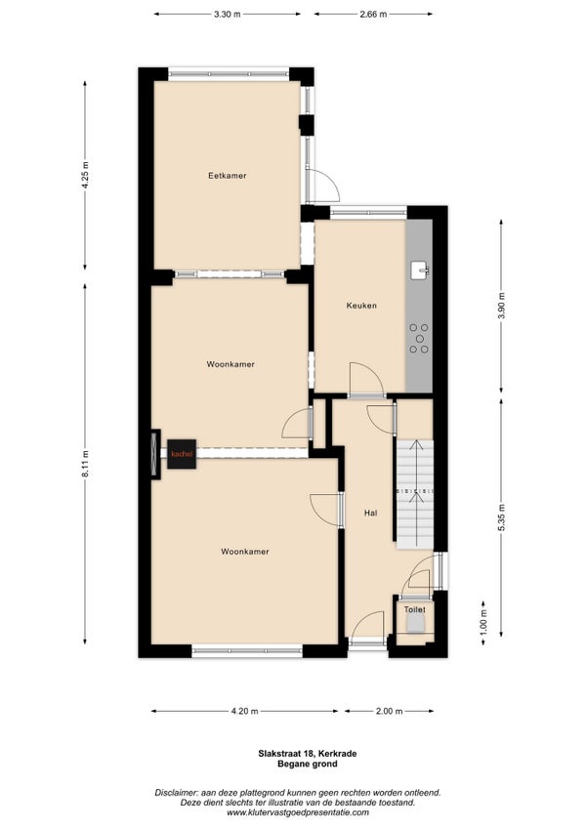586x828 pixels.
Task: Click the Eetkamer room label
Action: click(x=228, y=176)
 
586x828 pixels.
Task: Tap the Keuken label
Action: click(x=361, y=306)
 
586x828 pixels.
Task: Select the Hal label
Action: click(x=371, y=513)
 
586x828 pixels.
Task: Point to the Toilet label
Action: click(x=415, y=609)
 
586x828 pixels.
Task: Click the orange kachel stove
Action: click(x=182, y=454)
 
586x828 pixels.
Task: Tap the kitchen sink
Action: click(x=420, y=269)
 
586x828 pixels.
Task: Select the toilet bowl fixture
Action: click(x=415, y=624)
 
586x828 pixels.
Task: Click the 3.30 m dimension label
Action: click(x=228, y=15)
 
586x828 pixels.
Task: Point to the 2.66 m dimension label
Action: click(x=374, y=15)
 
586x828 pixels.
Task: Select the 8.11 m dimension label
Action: click(x=85, y=464)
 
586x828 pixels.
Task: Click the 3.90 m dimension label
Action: click(x=501, y=306)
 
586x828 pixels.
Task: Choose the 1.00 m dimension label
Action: click(x=483, y=622)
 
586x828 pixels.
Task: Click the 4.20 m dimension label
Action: click(x=244, y=711)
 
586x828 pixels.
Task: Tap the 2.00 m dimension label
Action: click(x=390, y=711)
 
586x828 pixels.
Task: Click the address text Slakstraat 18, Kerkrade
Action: click(x=307, y=754)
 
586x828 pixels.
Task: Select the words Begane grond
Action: click(x=307, y=764)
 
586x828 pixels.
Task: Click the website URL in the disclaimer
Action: click(x=298, y=812)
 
